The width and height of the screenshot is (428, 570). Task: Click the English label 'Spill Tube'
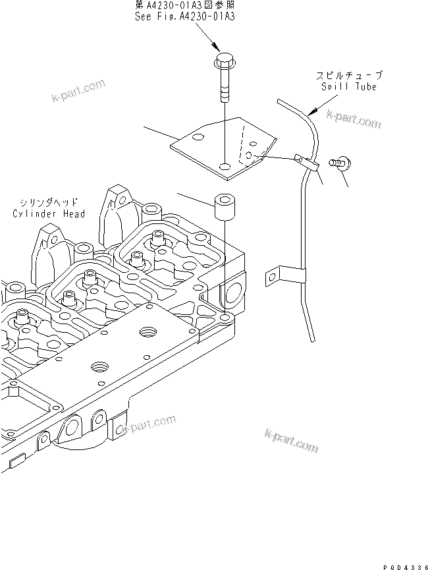[x=349, y=87]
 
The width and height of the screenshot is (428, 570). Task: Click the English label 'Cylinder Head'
[x=49, y=214]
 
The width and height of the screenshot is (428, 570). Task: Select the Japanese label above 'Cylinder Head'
[x=49, y=204]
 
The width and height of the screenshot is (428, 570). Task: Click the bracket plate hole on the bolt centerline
[x=225, y=167]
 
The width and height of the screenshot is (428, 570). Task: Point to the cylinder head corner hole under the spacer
[x=225, y=318]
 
